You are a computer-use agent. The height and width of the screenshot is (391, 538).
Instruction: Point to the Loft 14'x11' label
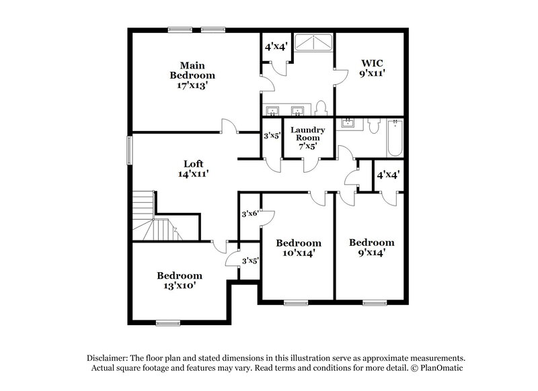194,168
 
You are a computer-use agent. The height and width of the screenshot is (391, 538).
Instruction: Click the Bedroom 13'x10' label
180,279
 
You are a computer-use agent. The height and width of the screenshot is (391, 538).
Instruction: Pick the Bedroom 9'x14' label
371,247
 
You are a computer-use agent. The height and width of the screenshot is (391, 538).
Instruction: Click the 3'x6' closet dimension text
250,214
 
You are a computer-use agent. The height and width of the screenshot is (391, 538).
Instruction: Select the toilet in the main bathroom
321,108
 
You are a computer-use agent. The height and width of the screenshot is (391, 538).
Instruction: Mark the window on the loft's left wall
130,149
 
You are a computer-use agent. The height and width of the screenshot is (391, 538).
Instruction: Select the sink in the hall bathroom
348,123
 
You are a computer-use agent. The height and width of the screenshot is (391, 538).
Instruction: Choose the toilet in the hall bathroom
376,124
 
